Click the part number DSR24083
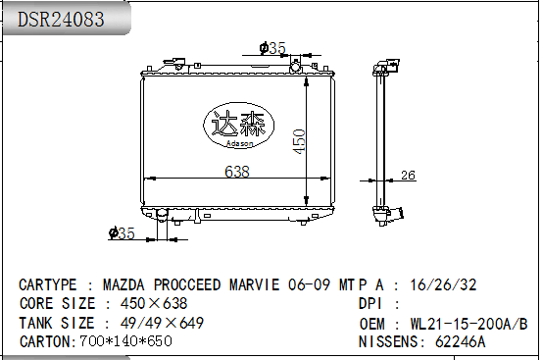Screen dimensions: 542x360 click(x=61, y=20)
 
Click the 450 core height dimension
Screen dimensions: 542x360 click(x=299, y=141)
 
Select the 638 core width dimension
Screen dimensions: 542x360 click(x=237, y=172)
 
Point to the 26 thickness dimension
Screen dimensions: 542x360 click(x=408, y=176)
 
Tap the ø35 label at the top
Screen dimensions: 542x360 click(x=272, y=48)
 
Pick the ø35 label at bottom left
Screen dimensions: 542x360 click(x=122, y=233)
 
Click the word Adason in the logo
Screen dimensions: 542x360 click(x=239, y=143)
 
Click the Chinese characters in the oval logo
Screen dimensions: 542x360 click(x=238, y=124)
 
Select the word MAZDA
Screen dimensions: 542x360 click(x=123, y=284)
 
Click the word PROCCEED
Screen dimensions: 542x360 click(x=187, y=284)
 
